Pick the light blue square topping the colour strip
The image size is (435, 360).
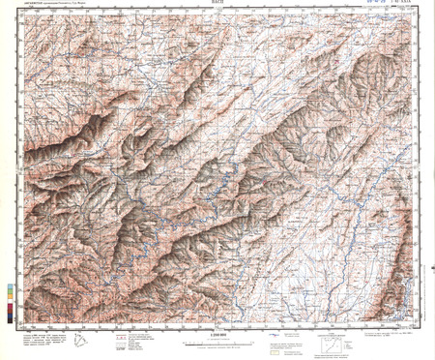tap(11, 286)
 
